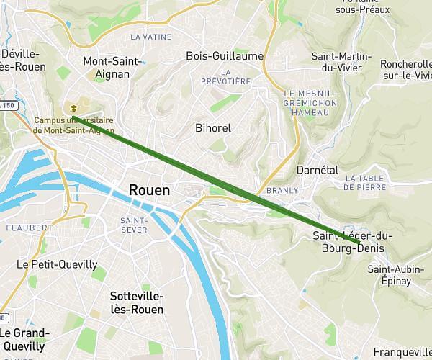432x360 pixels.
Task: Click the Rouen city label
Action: (x=149, y=190)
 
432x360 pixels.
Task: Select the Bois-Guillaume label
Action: (x=224, y=55)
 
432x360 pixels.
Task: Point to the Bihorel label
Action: (x=213, y=127)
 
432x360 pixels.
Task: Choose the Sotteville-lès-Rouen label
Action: (x=137, y=302)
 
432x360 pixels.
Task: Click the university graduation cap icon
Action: (x=73, y=108)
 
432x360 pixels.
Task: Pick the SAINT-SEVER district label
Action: (x=134, y=225)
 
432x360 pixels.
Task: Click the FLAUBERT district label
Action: (x=29, y=228)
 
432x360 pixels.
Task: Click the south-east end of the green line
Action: (x=359, y=246)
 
